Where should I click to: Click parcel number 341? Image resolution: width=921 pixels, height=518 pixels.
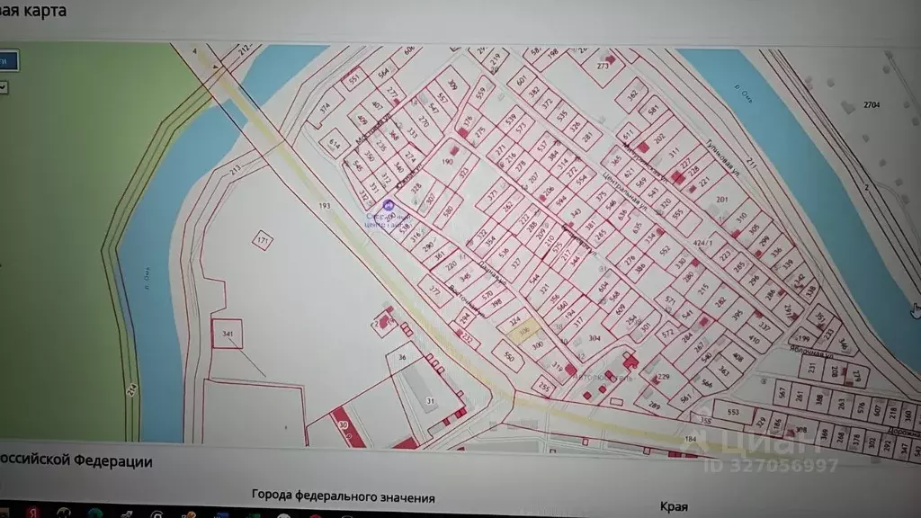[227, 335]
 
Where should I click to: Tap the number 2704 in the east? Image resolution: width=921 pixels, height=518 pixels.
[871, 105]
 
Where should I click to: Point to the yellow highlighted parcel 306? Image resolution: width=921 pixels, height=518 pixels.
[520, 332]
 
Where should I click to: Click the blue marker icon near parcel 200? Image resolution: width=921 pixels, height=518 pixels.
[389, 206]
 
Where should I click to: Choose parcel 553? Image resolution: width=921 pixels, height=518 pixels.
[733, 413]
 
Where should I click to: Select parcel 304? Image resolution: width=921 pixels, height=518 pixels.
[595, 339]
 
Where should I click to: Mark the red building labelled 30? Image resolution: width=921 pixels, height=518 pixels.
[343, 424]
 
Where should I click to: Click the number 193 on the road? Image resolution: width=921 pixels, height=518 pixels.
[324, 206]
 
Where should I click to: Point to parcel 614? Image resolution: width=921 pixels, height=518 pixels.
[334, 143]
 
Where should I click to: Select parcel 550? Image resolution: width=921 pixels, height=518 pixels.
[508, 356]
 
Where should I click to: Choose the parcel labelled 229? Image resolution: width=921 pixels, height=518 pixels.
[663, 377]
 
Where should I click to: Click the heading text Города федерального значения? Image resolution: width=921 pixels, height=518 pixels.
[343, 497]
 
